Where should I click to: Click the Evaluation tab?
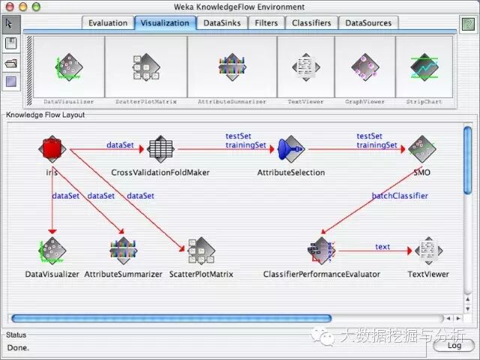point(108,23)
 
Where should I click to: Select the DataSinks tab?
point(222,23)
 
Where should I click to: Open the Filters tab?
point(266,23)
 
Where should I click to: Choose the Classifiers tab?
point(311,23)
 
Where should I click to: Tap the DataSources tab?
point(368,23)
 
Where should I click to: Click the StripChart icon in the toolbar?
point(424,68)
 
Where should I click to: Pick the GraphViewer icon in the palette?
point(365,68)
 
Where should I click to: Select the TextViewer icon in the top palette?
point(306,68)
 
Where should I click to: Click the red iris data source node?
point(51,149)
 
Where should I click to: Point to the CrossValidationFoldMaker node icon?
point(160,149)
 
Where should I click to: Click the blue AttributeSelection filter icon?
point(290,150)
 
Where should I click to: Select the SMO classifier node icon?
point(421,150)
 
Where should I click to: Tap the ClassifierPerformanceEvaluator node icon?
point(321,252)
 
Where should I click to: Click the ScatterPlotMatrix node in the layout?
point(201,252)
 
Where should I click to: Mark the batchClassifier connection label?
point(400,196)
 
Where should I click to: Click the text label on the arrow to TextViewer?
point(382,247)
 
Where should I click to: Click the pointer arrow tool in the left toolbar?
point(12,23)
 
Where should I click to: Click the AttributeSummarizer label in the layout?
point(123,274)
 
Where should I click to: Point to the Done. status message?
point(18,347)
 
